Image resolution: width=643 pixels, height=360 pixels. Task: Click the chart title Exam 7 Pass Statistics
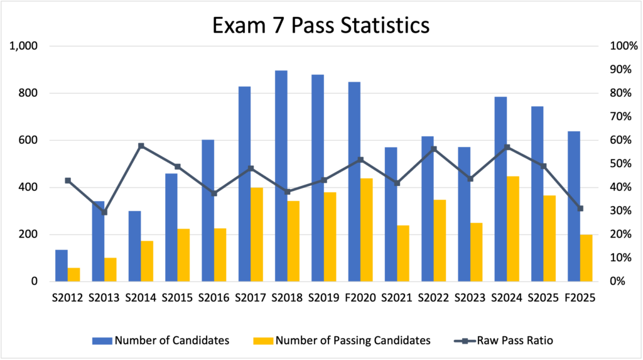point(321,25)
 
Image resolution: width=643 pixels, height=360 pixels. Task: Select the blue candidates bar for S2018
point(281,176)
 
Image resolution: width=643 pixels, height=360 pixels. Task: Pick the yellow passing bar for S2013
point(110,270)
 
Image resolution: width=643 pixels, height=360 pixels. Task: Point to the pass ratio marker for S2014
point(141,146)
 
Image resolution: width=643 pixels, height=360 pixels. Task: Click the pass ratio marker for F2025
point(580,209)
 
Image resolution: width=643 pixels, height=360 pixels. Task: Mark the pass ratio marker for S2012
point(68,180)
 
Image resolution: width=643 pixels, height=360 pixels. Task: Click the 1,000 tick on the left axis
point(24,46)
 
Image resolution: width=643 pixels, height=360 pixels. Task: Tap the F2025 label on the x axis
point(580,298)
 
